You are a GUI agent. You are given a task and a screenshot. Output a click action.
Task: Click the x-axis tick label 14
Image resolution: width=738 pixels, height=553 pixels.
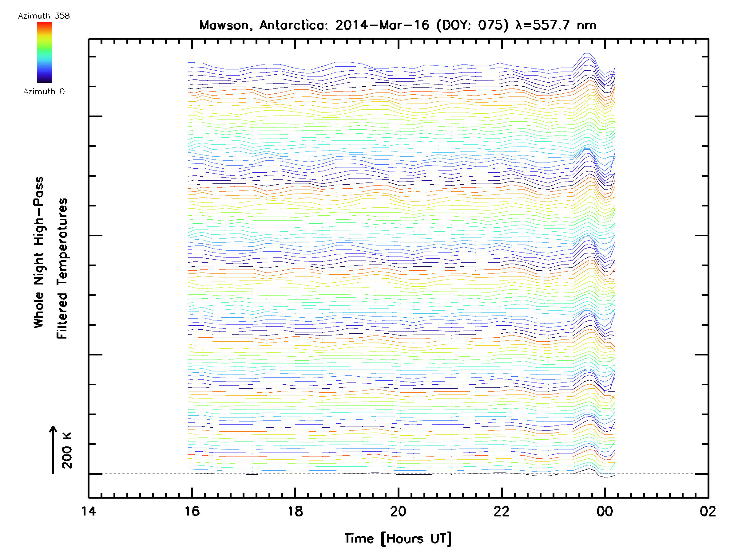click(x=89, y=511)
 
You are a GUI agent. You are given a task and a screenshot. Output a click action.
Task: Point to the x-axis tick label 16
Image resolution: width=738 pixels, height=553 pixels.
click(x=192, y=511)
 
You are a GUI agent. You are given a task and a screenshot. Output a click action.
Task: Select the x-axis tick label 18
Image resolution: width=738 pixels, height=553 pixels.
click(x=295, y=511)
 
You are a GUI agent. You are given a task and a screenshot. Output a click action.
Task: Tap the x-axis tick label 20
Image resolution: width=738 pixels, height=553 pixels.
click(x=398, y=511)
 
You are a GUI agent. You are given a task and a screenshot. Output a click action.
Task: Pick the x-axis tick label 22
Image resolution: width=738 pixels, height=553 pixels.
click(x=502, y=511)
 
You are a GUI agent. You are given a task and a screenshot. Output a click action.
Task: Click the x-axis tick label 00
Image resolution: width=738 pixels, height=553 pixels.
click(x=605, y=511)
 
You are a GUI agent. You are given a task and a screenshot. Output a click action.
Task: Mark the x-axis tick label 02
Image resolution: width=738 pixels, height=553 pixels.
click(x=708, y=511)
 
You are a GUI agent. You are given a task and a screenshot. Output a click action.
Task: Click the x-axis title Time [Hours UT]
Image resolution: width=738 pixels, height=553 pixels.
click(x=398, y=539)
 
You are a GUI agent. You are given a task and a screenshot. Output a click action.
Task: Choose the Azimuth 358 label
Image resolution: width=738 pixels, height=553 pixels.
click(x=44, y=16)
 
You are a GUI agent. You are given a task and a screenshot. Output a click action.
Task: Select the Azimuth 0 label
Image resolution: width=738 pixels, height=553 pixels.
click(x=44, y=92)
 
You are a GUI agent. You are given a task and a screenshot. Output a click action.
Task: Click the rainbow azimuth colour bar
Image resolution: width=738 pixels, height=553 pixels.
click(x=44, y=52)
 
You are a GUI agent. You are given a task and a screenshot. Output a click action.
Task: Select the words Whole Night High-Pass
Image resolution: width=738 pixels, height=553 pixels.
click(x=39, y=252)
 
